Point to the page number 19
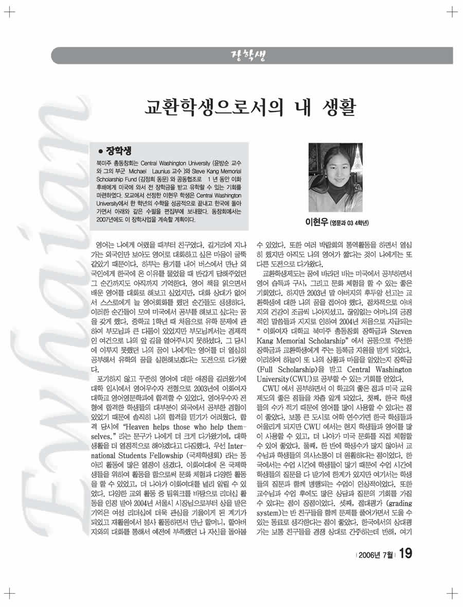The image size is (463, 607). pyautogui.click(x=404, y=553)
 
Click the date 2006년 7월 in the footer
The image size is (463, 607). pyautogui.click(x=376, y=554)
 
